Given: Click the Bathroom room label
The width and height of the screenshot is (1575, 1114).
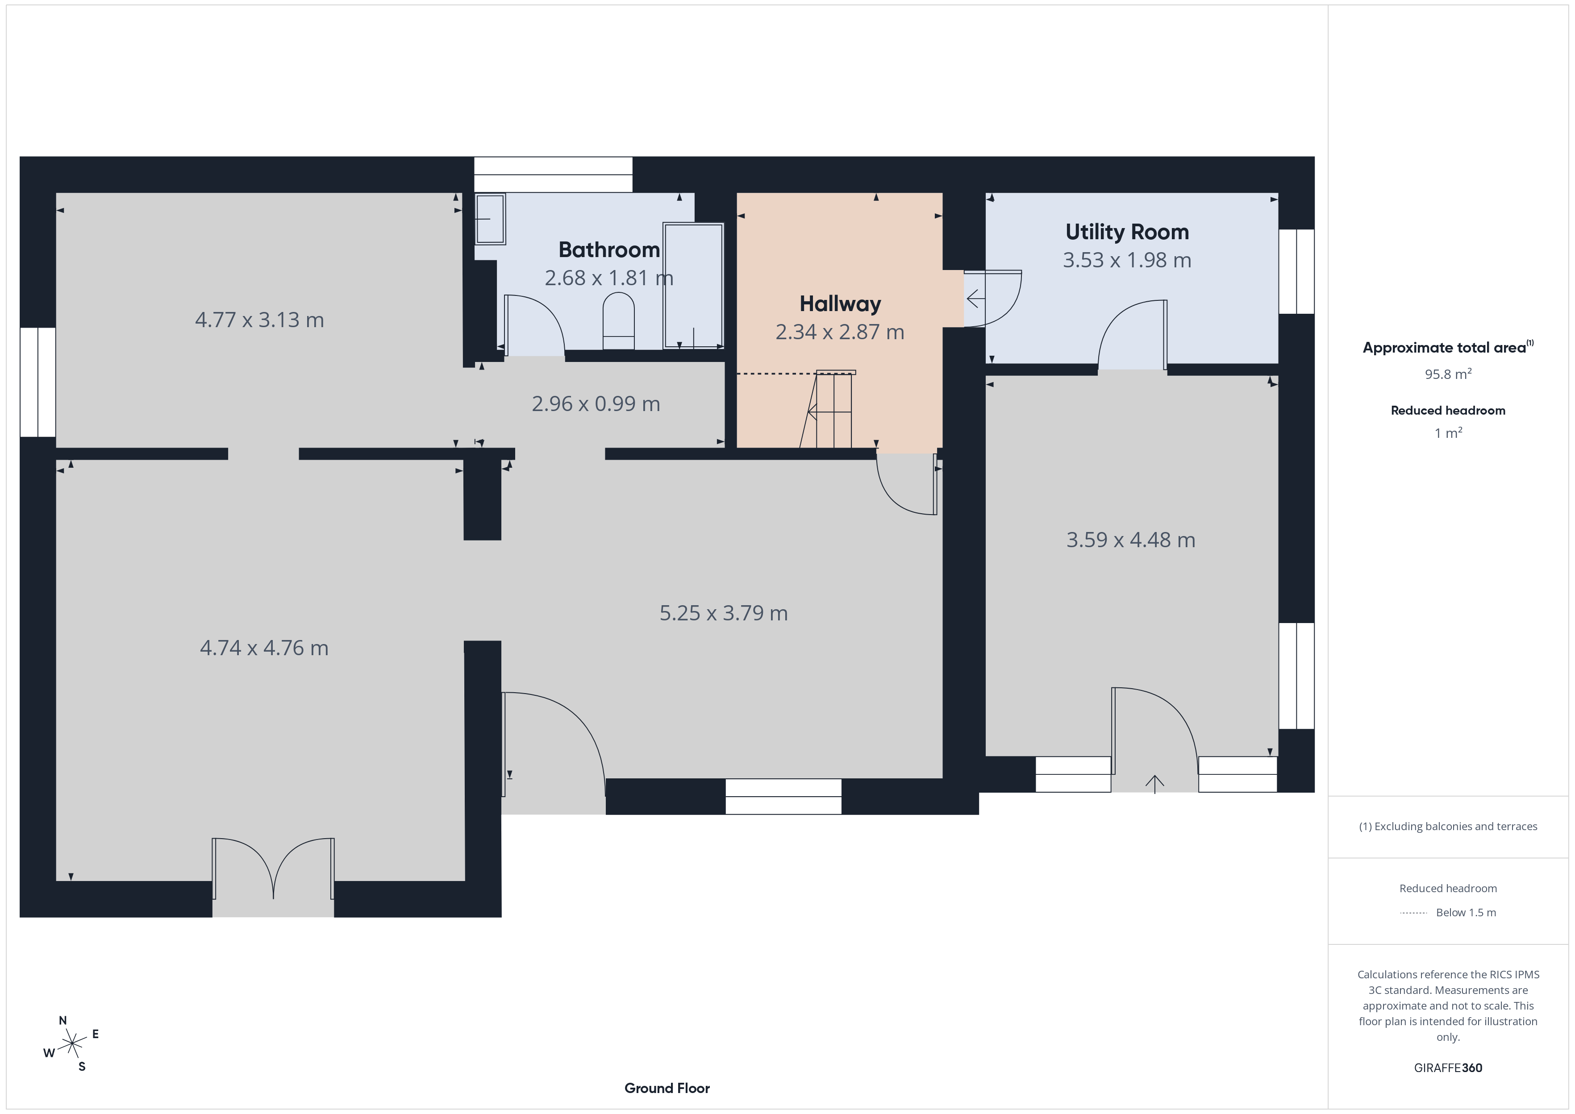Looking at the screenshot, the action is (609, 249).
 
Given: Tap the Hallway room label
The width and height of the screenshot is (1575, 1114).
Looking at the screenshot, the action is (840, 304).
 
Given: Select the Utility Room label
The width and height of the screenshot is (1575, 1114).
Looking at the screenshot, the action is (1127, 232).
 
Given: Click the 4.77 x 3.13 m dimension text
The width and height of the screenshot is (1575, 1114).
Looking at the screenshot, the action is (259, 320).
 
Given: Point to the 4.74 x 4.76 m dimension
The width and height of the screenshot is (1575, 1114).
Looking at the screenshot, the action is (264, 648).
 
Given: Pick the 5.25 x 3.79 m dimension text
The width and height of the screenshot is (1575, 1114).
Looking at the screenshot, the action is (724, 612).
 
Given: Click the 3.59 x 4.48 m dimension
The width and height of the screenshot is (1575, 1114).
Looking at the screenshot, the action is (1130, 540).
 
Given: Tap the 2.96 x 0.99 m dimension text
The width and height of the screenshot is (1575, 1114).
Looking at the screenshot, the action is (596, 403).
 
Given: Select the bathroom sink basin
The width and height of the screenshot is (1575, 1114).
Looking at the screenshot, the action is (490, 219).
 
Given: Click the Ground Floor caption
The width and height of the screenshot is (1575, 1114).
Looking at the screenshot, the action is (667, 1088).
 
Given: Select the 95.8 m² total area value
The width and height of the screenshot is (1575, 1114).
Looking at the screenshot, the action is (1448, 374).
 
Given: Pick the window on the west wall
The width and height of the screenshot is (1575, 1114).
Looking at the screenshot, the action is (38, 382).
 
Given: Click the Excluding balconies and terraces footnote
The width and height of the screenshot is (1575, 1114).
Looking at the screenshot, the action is (1448, 827).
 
